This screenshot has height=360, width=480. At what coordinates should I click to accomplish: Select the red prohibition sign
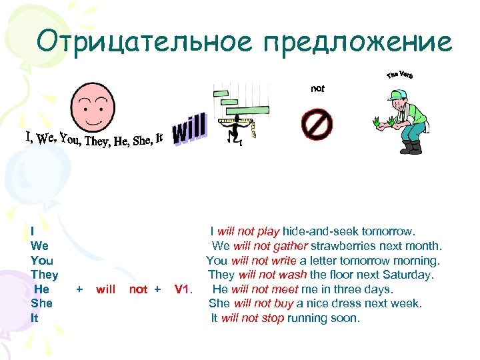point(316,125)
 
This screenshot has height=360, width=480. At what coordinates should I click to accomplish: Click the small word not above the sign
point(318,89)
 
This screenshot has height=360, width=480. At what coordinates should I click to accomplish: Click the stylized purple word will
point(190,129)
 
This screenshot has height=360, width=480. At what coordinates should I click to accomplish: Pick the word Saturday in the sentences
point(408,275)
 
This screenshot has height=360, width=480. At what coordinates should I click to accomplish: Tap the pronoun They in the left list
point(44,275)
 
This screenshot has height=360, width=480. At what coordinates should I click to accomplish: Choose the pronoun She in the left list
point(41,303)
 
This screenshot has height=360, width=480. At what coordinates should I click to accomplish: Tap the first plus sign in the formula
point(80,289)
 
